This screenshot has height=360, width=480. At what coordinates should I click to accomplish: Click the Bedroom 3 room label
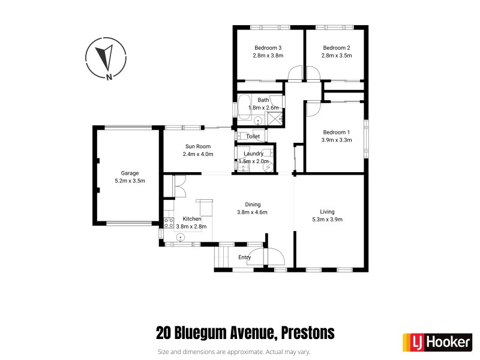(x=268, y=48)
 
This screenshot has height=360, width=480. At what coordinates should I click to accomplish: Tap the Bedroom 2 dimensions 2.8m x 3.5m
(x=336, y=55)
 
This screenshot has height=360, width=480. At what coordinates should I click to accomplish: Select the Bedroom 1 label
(x=336, y=132)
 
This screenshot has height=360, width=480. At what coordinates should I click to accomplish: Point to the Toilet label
(x=253, y=137)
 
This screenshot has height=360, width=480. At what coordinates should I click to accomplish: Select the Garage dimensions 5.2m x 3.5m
(x=130, y=180)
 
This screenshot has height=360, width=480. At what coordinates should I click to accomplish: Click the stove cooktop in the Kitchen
(x=168, y=224)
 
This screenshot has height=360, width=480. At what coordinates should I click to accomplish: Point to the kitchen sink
(x=179, y=238)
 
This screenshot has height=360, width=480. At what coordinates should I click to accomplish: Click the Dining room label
(x=252, y=204)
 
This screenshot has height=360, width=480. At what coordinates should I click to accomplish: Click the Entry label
(x=244, y=257)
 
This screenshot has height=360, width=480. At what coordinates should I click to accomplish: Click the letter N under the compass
(x=109, y=76)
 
